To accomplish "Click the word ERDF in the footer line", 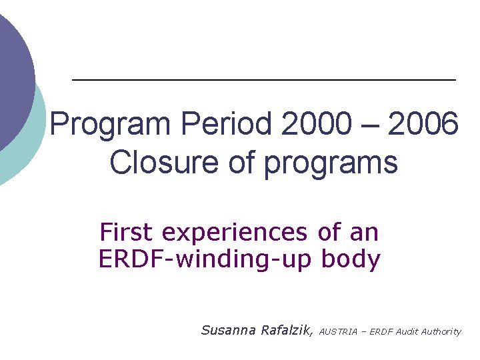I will coord(377,331).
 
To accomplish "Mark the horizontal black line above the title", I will coord(263,80).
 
